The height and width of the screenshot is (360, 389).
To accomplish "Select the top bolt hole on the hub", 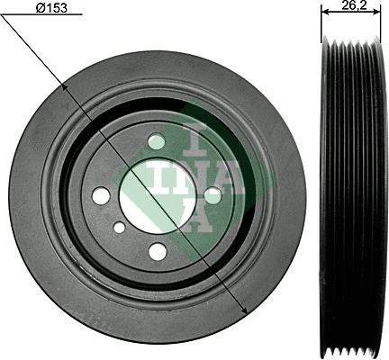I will point(157,141).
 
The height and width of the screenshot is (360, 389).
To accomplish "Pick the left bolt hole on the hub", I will point(101,195).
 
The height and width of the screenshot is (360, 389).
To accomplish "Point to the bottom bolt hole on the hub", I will point(157,252).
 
